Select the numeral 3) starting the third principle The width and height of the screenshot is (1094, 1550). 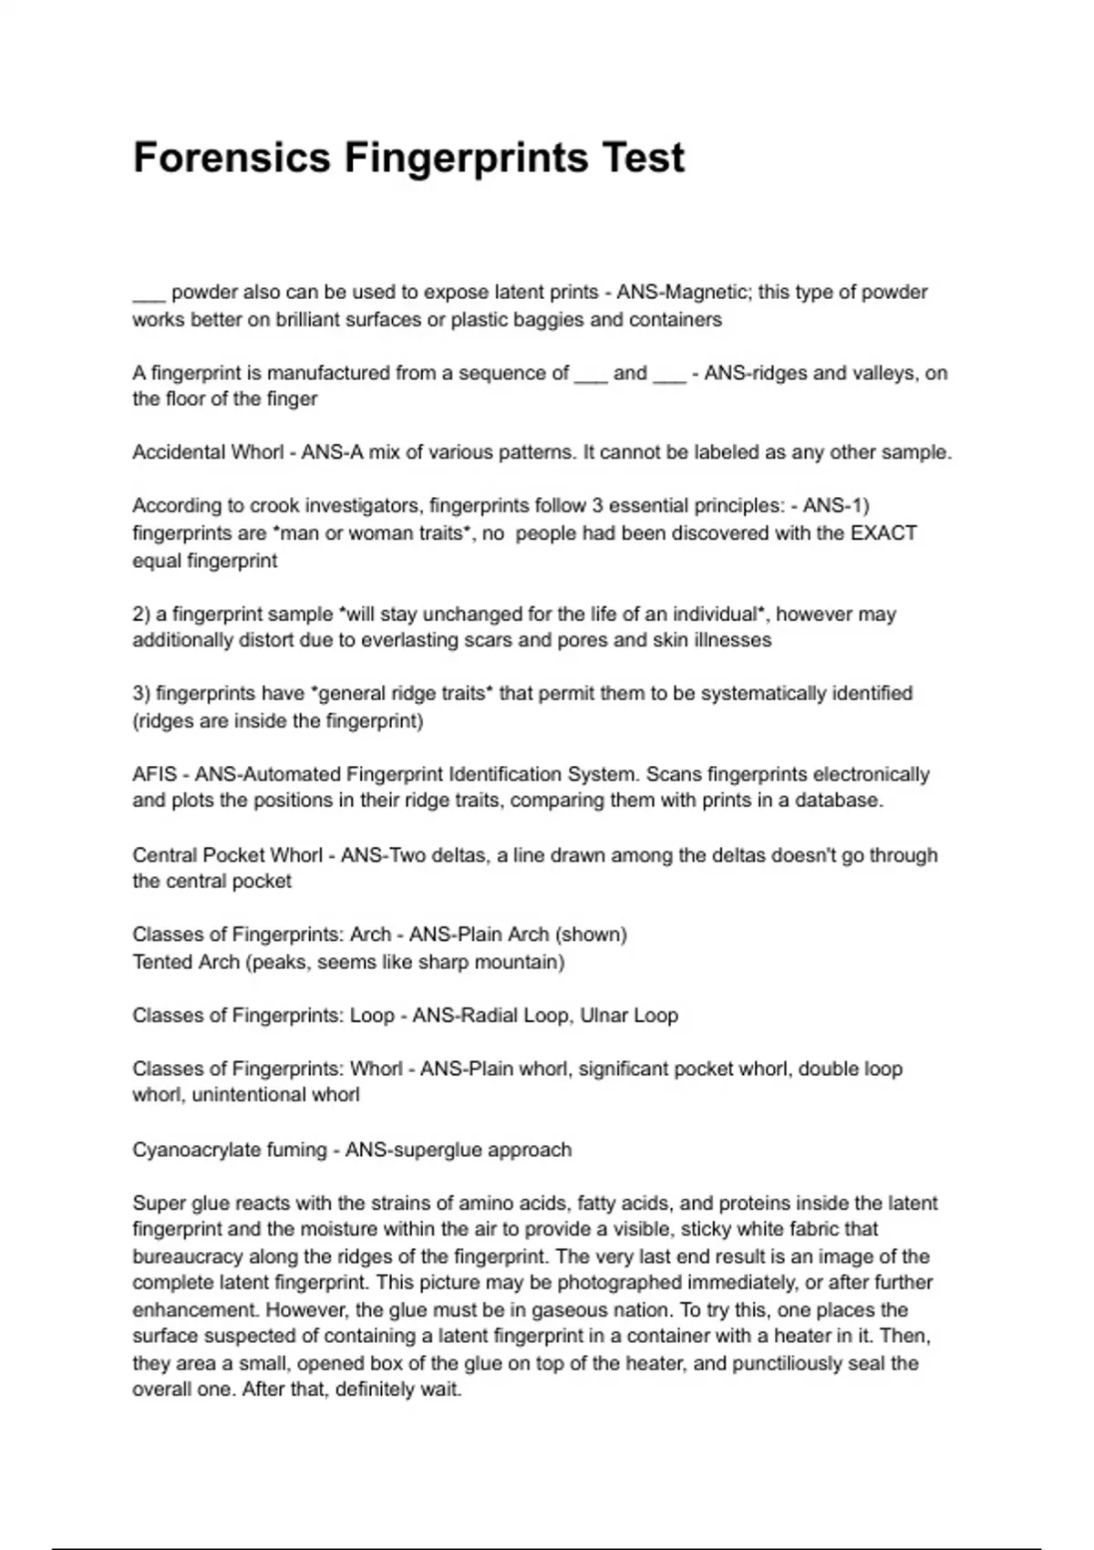141,694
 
